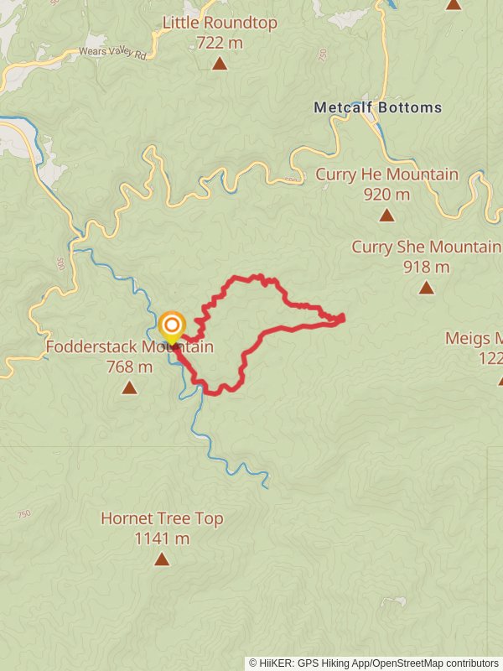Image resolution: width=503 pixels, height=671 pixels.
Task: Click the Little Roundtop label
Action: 220,23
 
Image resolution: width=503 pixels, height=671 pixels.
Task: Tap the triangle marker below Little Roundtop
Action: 220,64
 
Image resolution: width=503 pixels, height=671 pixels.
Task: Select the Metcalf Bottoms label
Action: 377,108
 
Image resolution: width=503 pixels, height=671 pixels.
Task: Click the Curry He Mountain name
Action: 386,174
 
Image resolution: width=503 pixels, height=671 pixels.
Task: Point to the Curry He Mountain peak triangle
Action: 386,216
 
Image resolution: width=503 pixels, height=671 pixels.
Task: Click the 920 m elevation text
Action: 386,195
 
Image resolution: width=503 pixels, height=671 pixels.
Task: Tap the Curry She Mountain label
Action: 426,247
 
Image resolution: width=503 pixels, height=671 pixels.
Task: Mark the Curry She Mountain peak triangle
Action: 426,288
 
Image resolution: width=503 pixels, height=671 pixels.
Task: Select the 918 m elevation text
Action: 426,267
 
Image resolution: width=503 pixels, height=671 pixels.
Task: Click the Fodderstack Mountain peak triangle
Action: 129,388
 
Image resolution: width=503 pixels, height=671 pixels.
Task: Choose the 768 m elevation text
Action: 129,367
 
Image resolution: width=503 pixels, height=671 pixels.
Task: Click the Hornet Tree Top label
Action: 162,518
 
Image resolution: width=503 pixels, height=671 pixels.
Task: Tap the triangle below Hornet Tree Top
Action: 162,559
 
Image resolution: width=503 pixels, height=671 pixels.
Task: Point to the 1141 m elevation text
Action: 162,538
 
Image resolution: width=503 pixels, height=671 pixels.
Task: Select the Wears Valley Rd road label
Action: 112,52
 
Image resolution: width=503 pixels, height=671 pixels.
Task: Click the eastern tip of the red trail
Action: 343,317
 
